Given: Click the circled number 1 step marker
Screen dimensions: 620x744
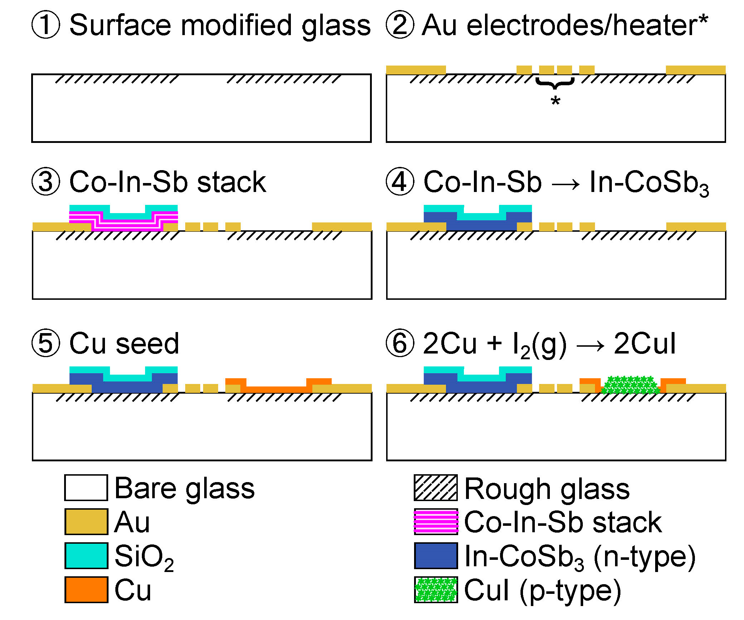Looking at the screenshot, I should [x=45, y=25].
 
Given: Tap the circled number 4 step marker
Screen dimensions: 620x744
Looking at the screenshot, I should [x=400, y=182].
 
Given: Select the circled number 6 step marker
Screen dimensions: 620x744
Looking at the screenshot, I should [x=400, y=343].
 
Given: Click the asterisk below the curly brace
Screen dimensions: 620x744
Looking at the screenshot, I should [x=555, y=101].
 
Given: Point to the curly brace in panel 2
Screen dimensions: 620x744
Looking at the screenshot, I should [x=555, y=83].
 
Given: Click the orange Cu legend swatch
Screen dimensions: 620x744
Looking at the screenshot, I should [x=86, y=590].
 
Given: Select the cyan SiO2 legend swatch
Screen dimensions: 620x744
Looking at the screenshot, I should [x=86, y=556].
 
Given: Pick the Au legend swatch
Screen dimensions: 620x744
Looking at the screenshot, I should [x=86, y=522].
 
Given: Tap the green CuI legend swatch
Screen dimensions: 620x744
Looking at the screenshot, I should [x=436, y=590].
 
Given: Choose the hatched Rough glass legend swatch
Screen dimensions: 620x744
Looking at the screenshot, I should [x=436, y=488].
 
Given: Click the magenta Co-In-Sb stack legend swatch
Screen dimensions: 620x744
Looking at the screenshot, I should [x=436, y=522].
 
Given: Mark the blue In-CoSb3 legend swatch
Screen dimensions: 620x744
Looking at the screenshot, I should [x=436, y=556].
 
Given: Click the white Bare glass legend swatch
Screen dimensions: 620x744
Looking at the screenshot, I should [x=86, y=488].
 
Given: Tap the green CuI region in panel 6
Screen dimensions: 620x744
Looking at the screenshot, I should [x=630, y=385].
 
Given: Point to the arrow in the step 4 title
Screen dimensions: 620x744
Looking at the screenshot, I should [x=566, y=185].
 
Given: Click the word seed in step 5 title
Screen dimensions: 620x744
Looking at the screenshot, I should [x=147, y=343].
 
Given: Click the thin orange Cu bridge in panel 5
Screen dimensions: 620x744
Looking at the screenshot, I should [x=276, y=389].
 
